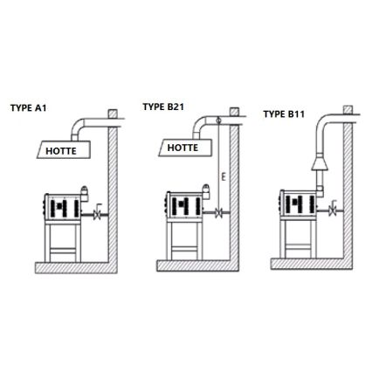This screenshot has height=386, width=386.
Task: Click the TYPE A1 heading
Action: (x=28, y=108)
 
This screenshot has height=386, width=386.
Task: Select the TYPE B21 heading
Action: (x=163, y=107)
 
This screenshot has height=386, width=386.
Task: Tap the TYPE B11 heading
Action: (x=284, y=114)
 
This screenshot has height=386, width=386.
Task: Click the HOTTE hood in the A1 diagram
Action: (x=64, y=149)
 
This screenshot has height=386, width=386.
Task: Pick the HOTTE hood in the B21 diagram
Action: (x=185, y=148)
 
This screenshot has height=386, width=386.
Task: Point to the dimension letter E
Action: (x=224, y=176)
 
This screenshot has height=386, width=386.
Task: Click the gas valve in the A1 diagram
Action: (x=97, y=212)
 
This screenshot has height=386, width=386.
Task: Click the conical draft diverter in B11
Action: (x=320, y=163)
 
